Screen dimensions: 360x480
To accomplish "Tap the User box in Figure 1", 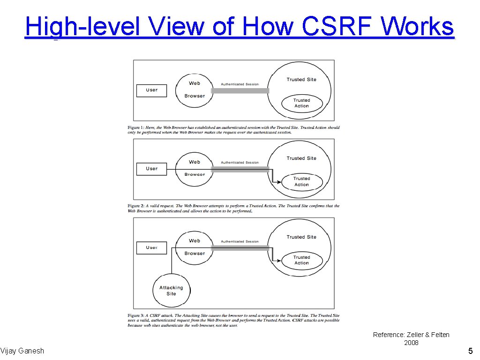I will [x=151, y=90].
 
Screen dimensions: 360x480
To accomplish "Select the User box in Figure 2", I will [x=151, y=169].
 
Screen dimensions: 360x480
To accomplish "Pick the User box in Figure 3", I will [x=151, y=247].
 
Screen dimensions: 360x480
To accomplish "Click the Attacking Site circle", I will [x=171, y=291].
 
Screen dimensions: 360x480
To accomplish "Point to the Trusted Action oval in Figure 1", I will [x=301, y=103].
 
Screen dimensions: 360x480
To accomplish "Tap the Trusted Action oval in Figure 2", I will [x=301, y=181].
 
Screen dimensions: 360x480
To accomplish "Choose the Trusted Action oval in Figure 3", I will [x=301, y=260].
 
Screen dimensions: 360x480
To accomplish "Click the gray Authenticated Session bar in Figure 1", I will [x=240, y=90].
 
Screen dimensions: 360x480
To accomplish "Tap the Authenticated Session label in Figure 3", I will [x=240, y=241].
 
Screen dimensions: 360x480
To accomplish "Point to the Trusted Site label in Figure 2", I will [x=301, y=158].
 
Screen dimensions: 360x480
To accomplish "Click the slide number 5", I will [x=471, y=351].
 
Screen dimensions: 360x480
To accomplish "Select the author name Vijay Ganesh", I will [x=22, y=351].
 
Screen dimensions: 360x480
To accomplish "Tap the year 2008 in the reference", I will [x=411, y=343].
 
